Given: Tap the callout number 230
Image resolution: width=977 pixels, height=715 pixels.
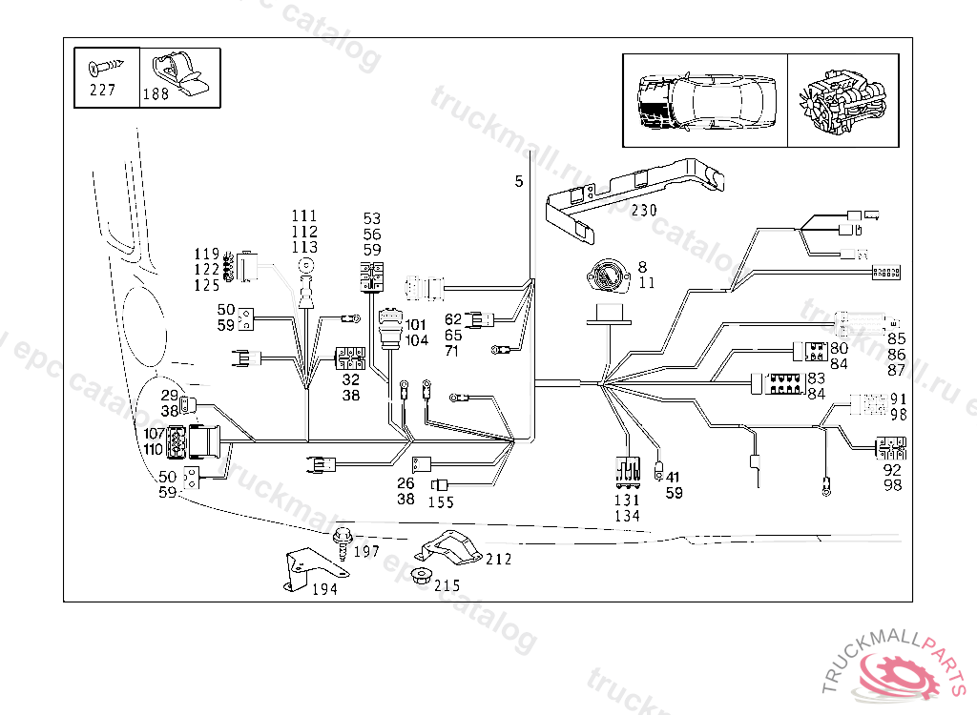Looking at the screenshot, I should click(644, 211).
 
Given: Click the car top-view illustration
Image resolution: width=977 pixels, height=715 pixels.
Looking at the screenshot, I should click(705, 100).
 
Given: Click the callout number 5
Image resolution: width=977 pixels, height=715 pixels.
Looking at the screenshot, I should click(519, 181).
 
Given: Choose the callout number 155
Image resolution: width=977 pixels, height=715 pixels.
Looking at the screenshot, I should click(441, 502).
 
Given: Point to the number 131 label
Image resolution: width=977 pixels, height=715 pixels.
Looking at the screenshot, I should click(627, 500).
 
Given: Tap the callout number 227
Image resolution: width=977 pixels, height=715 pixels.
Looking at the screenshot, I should click(101, 91).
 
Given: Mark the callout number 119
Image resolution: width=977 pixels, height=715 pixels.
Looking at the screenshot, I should click(207, 255).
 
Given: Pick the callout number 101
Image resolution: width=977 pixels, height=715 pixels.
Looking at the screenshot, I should click(416, 325).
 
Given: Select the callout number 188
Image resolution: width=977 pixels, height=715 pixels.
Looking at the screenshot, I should click(156, 94).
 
